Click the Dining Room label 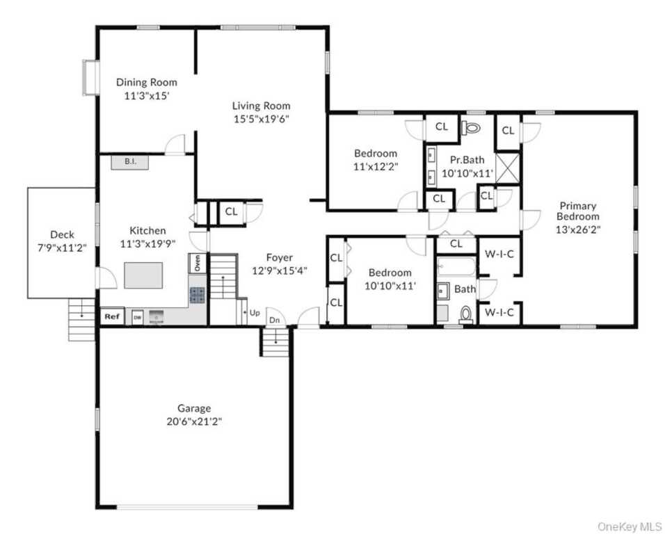point(147,82)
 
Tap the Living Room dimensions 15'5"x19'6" point(262,119)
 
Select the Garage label point(194,409)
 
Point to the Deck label point(62,234)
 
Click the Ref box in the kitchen point(112,316)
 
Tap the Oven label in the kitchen point(198,264)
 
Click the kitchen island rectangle point(143,275)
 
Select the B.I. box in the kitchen point(130,162)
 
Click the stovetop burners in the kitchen point(198,295)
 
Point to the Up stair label point(255,313)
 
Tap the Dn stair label point(274,321)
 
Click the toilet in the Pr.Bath point(471,127)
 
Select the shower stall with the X point(508,168)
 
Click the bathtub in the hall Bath point(456,267)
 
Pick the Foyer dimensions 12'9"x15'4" point(280,270)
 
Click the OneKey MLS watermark point(630,527)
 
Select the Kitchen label point(147,231)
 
